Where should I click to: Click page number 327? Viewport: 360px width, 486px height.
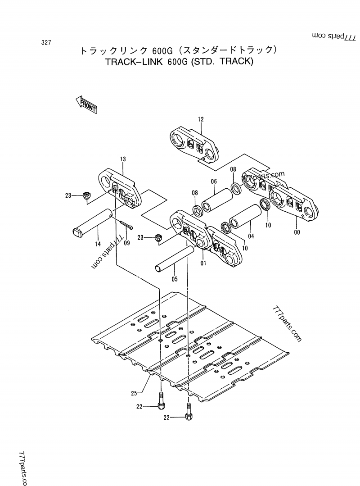[45, 43]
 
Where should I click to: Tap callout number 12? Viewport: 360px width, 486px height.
[201, 119]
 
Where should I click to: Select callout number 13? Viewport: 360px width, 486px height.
[123, 159]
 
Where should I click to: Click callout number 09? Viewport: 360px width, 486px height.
[126, 243]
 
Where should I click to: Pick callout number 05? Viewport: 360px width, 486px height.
[175, 279]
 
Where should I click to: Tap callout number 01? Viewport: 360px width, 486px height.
[203, 263]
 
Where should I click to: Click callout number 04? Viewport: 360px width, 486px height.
[251, 236]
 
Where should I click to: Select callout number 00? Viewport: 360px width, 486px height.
[296, 232]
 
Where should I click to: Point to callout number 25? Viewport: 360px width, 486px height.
[134, 393]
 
